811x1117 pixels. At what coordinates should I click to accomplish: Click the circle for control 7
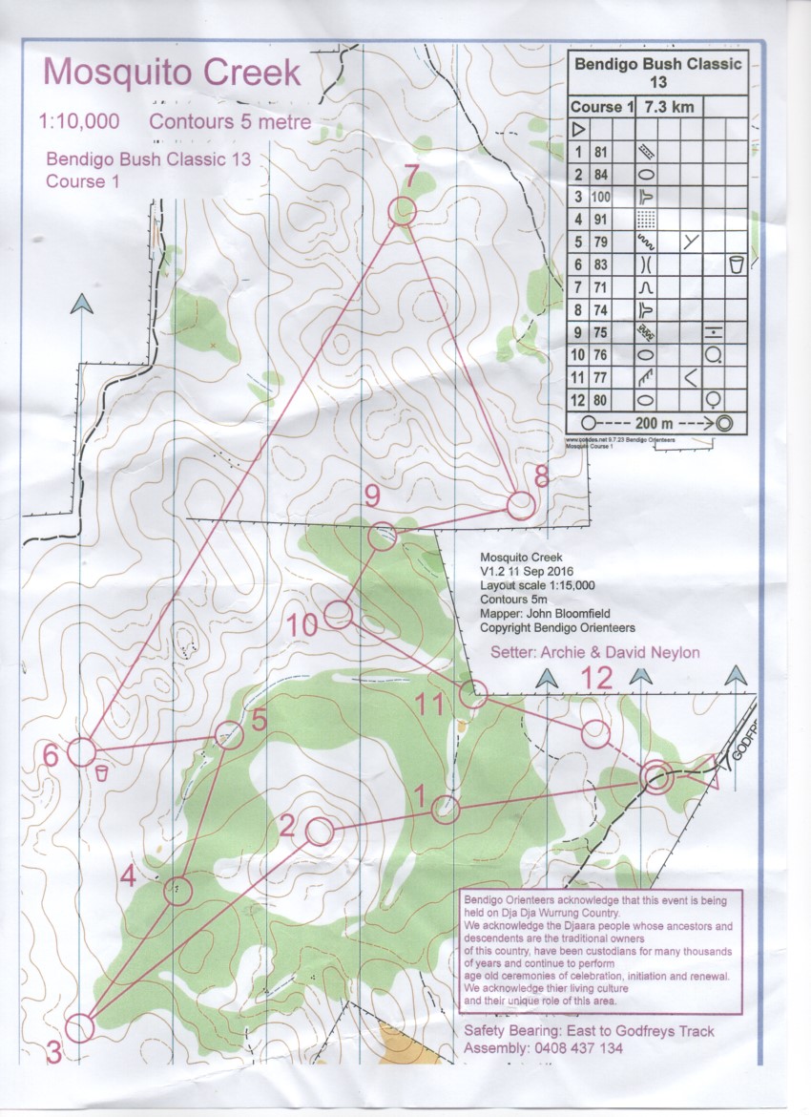403,211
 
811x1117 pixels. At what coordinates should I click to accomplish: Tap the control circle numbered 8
520,505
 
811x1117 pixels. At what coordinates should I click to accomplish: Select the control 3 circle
80,1028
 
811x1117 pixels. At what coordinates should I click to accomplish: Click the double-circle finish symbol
655,777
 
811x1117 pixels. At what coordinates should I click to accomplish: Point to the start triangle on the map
707,771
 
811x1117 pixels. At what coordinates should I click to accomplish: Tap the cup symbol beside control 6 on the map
101,772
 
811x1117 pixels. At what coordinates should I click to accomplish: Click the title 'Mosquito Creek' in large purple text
172,73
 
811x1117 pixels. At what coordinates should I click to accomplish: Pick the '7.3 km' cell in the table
671,106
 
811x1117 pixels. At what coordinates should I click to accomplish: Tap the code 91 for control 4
600,218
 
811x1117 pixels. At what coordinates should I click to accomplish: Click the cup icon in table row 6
735,263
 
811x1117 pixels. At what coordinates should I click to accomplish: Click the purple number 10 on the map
302,626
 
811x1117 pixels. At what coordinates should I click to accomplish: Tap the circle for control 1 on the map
446,810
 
